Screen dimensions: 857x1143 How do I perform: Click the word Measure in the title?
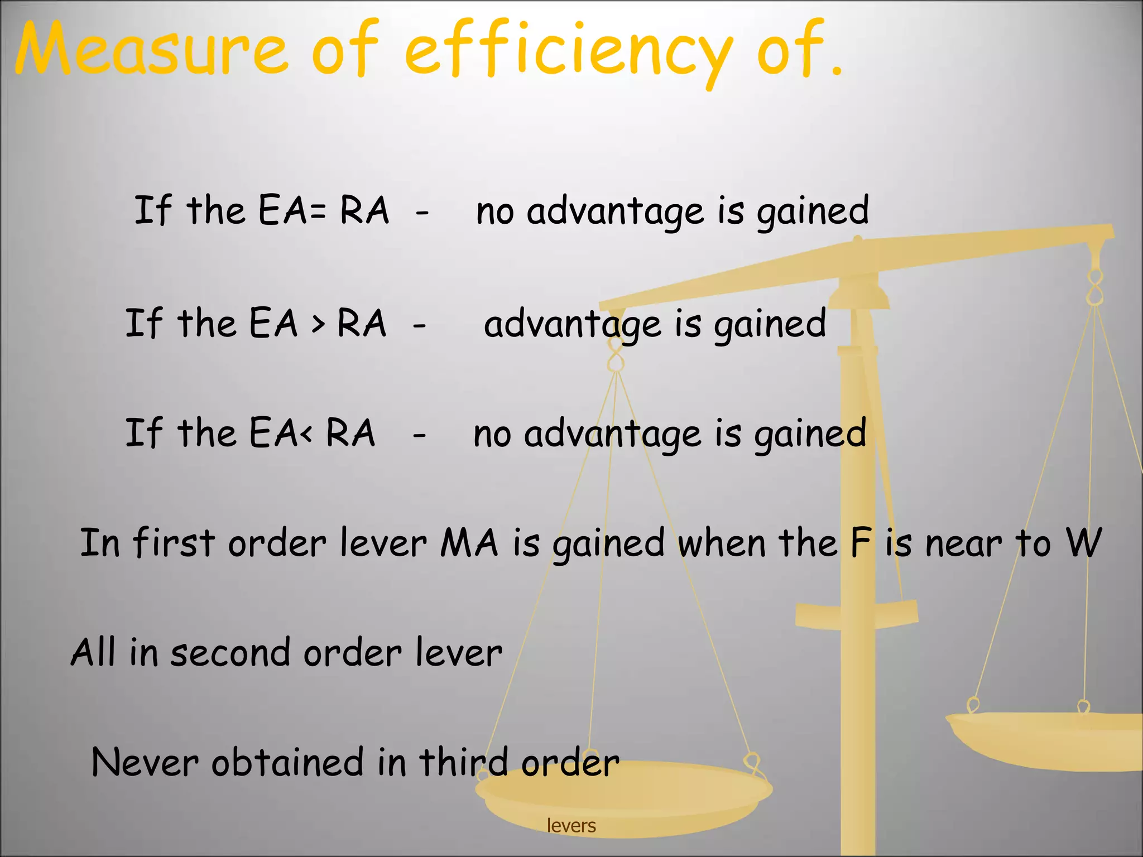click(151, 50)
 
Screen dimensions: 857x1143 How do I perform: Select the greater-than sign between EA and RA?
click(318, 324)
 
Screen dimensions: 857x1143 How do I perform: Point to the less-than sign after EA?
click(305, 435)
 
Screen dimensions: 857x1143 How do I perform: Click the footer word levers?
click(571, 826)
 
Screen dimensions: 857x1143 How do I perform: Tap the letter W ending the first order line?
click(1083, 542)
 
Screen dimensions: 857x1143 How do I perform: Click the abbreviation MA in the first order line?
click(469, 542)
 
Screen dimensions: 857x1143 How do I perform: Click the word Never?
click(145, 763)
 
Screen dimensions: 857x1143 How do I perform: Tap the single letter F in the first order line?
click(861, 542)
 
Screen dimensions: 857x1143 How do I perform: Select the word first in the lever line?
click(174, 542)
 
